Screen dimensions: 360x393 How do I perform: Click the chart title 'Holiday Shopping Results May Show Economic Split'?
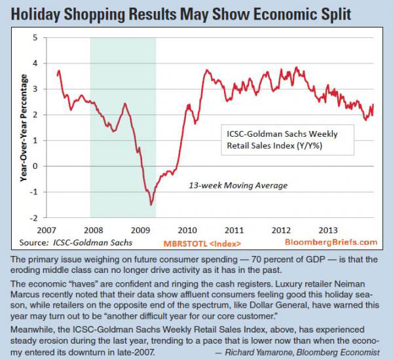(x=196, y=14)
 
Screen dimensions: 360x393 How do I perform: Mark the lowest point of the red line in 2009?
(x=151, y=205)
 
